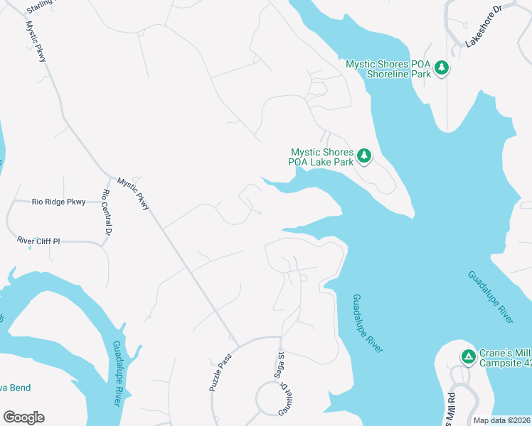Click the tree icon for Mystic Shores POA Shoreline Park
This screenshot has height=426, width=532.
point(442,68)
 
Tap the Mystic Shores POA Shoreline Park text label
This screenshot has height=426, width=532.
point(388,69)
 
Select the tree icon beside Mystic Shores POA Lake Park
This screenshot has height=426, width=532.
point(364,155)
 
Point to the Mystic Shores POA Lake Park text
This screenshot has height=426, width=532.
point(321,157)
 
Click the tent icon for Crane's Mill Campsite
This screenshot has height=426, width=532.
point(468,356)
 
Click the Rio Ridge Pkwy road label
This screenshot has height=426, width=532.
point(58,202)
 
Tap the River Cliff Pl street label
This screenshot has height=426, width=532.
point(39,241)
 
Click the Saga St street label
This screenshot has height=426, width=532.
point(281,366)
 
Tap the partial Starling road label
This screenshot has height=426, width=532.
point(40,8)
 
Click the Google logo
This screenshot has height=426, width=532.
point(23,417)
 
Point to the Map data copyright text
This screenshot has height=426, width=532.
point(501,420)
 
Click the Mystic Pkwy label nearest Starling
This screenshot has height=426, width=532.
point(36,40)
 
